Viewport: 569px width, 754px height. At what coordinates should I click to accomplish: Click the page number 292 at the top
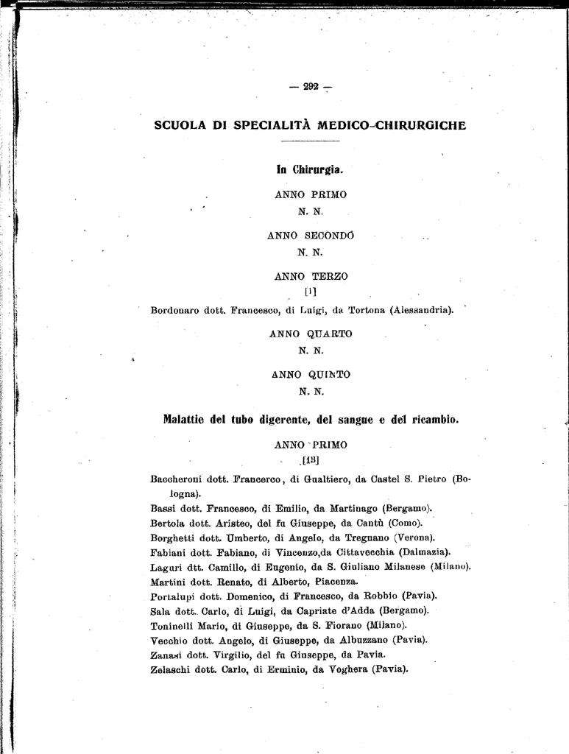pos(310,87)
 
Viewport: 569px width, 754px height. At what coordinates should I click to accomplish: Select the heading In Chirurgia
pos(310,170)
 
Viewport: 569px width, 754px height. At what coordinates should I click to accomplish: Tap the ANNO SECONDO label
pos(310,236)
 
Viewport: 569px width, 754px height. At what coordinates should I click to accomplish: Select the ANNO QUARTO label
pos(311,334)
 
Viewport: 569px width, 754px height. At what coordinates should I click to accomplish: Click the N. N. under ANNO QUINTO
pos(311,391)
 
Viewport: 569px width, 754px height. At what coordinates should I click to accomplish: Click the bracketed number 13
pos(310,462)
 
